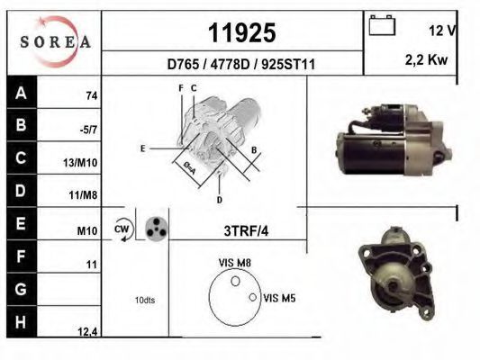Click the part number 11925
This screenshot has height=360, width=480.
tap(242, 32)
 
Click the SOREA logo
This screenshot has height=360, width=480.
tap(55, 41)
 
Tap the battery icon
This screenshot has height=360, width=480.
tap(382, 25)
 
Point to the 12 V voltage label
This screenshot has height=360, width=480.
tap(442, 31)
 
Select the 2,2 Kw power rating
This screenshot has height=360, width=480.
tap(426, 60)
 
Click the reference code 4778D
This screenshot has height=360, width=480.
tap(230, 65)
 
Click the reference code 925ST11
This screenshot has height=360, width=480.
tap(288, 65)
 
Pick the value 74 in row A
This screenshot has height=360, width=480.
tap(92, 96)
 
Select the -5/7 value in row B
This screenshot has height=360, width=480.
tap(88, 130)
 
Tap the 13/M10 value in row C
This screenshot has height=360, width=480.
tap(80, 163)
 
